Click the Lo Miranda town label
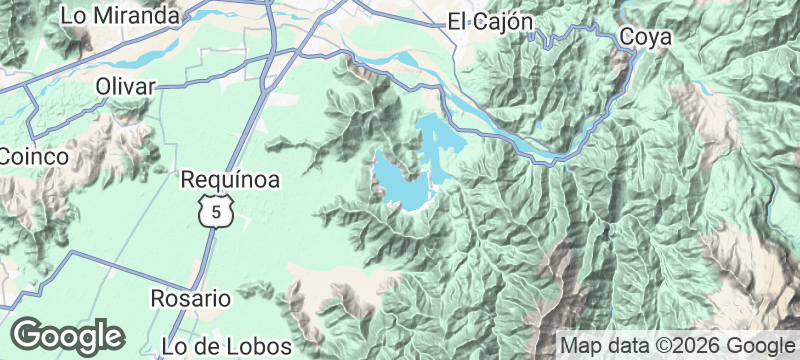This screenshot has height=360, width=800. (x=120, y=16)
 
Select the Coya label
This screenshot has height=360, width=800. (x=645, y=37)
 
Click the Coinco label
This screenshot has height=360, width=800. (x=34, y=157)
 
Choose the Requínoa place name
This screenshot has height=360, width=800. (x=230, y=180)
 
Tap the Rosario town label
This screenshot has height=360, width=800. (x=190, y=298)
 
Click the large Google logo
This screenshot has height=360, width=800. (x=68, y=336)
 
